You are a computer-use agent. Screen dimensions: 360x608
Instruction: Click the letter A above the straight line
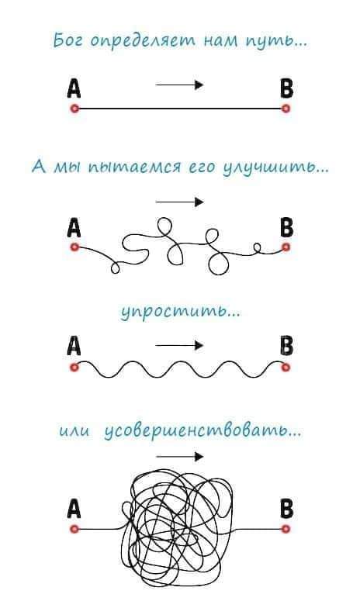point(74,88)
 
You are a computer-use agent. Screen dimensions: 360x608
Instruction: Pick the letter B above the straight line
point(287,88)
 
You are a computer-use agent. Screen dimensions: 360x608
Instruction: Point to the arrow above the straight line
point(180,85)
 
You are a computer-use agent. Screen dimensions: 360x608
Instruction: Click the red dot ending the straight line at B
point(286,109)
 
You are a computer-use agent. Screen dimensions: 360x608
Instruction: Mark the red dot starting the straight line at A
point(74,109)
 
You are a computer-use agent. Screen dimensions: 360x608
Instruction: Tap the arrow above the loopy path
point(180,202)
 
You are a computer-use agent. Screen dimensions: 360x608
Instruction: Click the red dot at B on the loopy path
point(286,247)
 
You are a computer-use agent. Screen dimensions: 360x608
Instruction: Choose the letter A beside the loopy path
point(74,228)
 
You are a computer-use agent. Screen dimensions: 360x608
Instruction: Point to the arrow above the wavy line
point(180,345)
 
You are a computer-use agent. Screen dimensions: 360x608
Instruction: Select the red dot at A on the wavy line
point(74,367)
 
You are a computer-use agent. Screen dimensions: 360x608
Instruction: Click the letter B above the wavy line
point(287,346)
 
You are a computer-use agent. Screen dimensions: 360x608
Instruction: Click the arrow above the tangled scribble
point(180,456)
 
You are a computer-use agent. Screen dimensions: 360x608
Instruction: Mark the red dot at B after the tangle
point(286,529)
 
